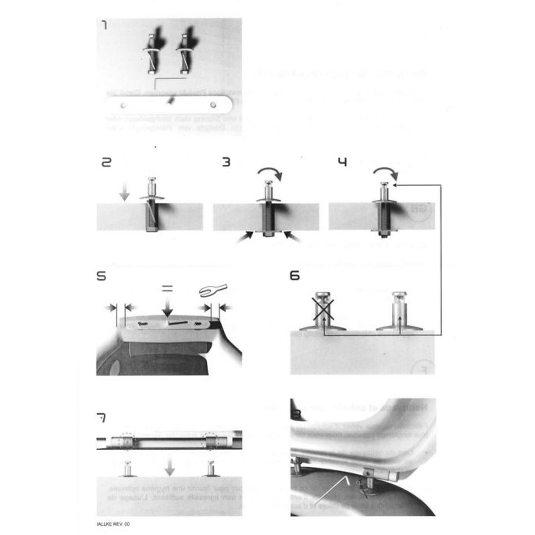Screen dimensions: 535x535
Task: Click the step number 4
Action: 342,163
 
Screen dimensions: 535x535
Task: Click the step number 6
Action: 294,276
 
